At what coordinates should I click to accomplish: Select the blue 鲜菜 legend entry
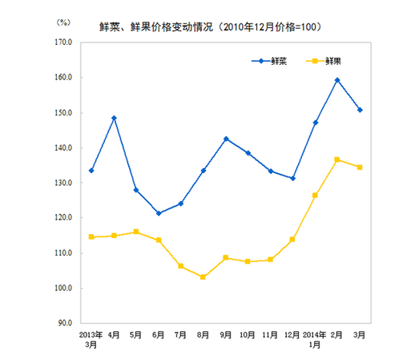tap(269, 60)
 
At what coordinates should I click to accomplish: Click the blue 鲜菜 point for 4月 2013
tap(114, 118)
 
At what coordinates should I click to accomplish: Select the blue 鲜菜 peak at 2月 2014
tap(337, 80)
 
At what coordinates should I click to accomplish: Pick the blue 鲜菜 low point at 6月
tap(159, 213)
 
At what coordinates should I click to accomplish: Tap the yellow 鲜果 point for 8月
tap(203, 277)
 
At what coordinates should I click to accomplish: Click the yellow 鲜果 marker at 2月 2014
tap(337, 160)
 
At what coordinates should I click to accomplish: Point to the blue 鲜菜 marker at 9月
tap(226, 139)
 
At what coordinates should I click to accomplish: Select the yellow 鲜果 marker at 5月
tap(136, 232)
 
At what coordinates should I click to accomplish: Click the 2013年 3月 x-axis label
tap(91, 337)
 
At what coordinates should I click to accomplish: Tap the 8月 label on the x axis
tap(203, 332)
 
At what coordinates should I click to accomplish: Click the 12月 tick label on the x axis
tap(292, 332)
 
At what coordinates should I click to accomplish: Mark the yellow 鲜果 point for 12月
tap(292, 240)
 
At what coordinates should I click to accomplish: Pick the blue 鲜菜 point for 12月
tap(292, 178)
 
